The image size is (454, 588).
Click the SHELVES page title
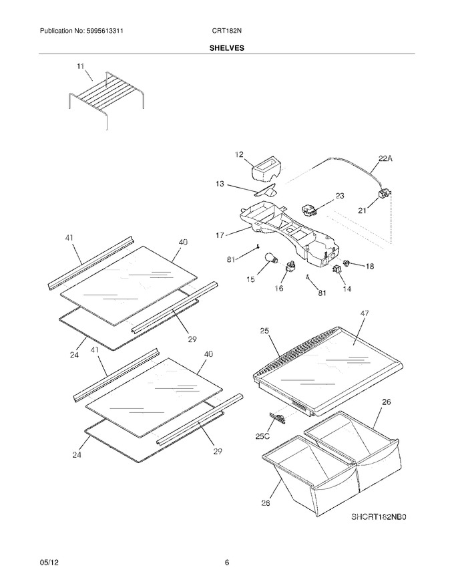pyautogui.click(x=226, y=48)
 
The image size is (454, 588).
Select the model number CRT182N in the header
pyautogui.click(x=226, y=31)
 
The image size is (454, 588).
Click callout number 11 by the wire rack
pyautogui.click(x=80, y=66)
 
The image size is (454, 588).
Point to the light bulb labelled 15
pyautogui.click(x=272, y=258)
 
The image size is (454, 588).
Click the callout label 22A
pyautogui.click(x=385, y=158)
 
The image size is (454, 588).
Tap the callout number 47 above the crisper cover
pyautogui.click(x=364, y=313)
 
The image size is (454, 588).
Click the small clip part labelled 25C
pyautogui.click(x=277, y=418)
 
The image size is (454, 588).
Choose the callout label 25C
pyautogui.click(x=262, y=436)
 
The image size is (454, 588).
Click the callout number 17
pyautogui.click(x=220, y=235)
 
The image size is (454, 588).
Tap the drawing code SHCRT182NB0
pyautogui.click(x=379, y=517)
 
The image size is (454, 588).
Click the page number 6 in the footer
pyautogui.click(x=227, y=563)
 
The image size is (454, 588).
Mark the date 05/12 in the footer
pyautogui.click(x=49, y=563)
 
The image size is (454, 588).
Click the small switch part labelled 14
pyautogui.click(x=336, y=269)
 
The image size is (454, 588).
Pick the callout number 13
pyautogui.click(x=220, y=184)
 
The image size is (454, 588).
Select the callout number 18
pyautogui.click(x=369, y=266)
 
